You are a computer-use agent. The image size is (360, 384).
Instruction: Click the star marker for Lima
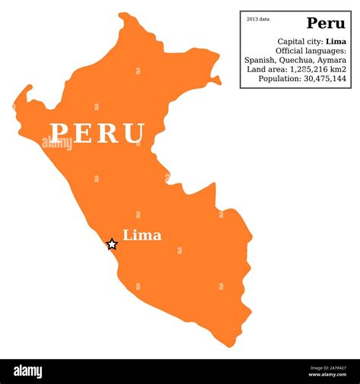point(112,244)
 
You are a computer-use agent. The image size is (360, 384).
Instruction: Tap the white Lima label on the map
point(142,235)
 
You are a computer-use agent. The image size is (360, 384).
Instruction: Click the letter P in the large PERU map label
point(60,133)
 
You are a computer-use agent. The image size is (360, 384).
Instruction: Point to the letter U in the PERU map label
point(134,134)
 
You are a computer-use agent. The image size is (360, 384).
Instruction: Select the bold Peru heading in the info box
point(326,23)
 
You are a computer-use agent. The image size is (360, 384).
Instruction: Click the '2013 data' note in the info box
point(258,19)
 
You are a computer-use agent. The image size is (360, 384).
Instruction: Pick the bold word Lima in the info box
point(336,41)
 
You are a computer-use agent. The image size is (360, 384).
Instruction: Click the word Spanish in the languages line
point(260,59)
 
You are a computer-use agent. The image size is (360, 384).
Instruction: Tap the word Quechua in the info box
point(297,59)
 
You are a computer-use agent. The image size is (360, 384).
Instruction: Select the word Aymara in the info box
point(332,59)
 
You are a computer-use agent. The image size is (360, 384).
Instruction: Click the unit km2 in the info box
point(339,69)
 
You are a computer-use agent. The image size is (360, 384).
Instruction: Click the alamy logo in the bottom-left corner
point(28,372)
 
